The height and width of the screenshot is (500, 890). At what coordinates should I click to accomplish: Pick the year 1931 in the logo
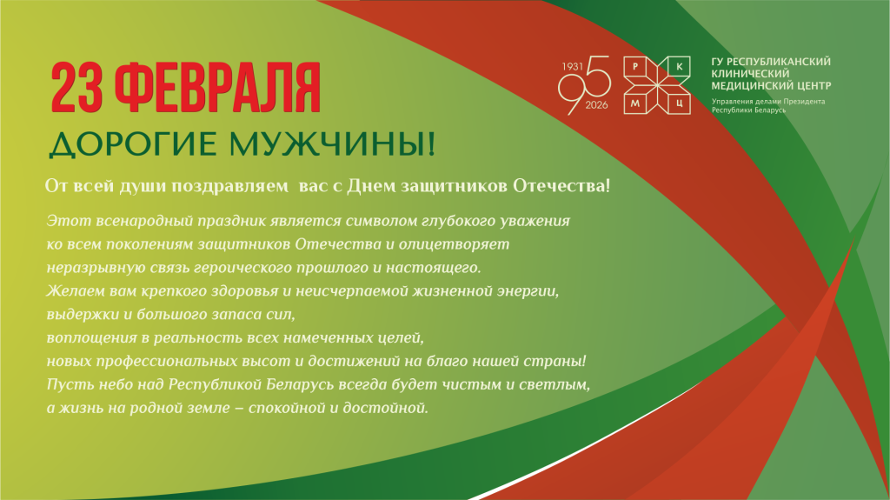point(571,66)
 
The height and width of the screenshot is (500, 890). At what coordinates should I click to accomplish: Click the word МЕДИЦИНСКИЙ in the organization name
point(750,86)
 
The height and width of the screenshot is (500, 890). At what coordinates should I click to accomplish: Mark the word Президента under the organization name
point(800,102)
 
